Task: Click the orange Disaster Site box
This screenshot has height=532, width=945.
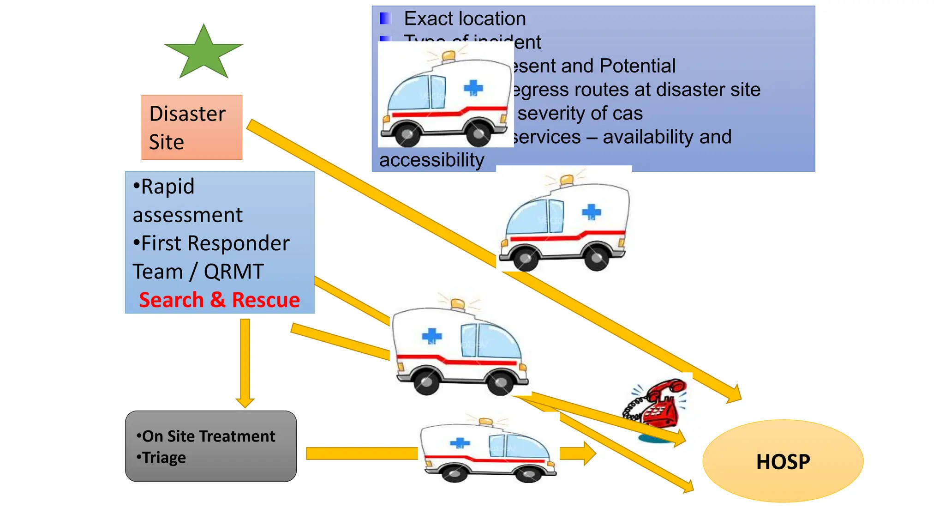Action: click(x=191, y=127)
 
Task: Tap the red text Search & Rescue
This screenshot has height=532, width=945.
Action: click(x=219, y=300)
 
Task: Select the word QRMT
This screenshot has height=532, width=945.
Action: click(x=233, y=272)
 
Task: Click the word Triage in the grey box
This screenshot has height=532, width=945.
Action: click(x=164, y=457)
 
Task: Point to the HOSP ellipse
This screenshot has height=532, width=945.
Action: click(x=783, y=461)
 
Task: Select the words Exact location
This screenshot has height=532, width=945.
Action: click(x=465, y=18)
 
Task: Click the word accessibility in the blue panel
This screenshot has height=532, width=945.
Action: click(x=431, y=160)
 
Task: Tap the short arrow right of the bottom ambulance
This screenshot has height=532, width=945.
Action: click(x=577, y=453)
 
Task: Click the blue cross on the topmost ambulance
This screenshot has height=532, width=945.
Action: click(x=473, y=87)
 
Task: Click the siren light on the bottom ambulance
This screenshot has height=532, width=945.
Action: click(x=485, y=421)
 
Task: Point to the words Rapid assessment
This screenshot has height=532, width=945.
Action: click(x=187, y=200)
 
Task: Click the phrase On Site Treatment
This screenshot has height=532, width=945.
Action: click(x=209, y=436)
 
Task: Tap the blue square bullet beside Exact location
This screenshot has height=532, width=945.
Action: click(x=385, y=18)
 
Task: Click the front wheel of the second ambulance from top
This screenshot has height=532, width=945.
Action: click(x=525, y=259)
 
